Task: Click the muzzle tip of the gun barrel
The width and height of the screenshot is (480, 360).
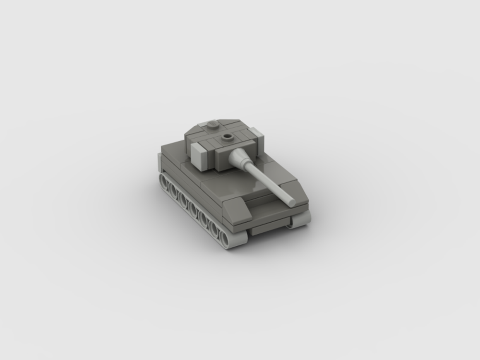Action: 291,202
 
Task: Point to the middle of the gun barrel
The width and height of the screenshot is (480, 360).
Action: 266,180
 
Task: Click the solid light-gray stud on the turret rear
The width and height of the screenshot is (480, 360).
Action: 213,125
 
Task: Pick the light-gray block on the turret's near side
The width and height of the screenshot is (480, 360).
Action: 199,156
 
